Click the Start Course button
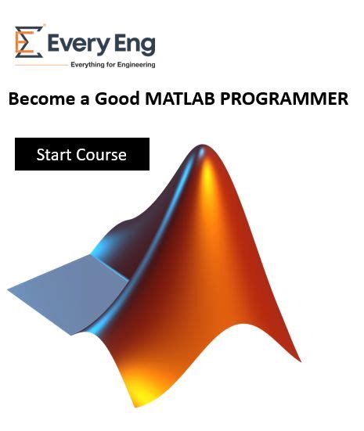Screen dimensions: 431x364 point(81,154)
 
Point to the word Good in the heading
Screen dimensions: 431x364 point(118,99)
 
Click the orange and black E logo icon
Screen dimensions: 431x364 point(28,42)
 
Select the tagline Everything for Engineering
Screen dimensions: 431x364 point(113,65)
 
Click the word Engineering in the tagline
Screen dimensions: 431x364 point(132,65)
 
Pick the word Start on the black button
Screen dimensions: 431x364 point(52,154)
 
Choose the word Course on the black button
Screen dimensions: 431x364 point(100,154)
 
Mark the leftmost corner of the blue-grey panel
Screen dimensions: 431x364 point(9,290)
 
